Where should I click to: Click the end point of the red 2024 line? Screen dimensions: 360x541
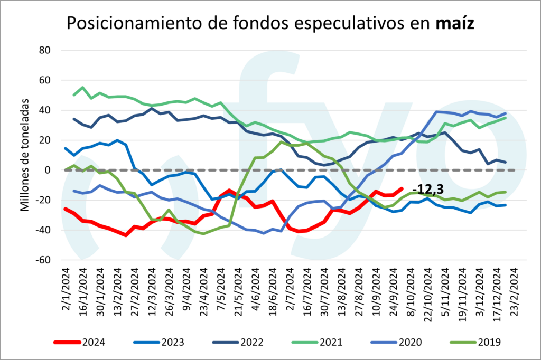tap(402, 188)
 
